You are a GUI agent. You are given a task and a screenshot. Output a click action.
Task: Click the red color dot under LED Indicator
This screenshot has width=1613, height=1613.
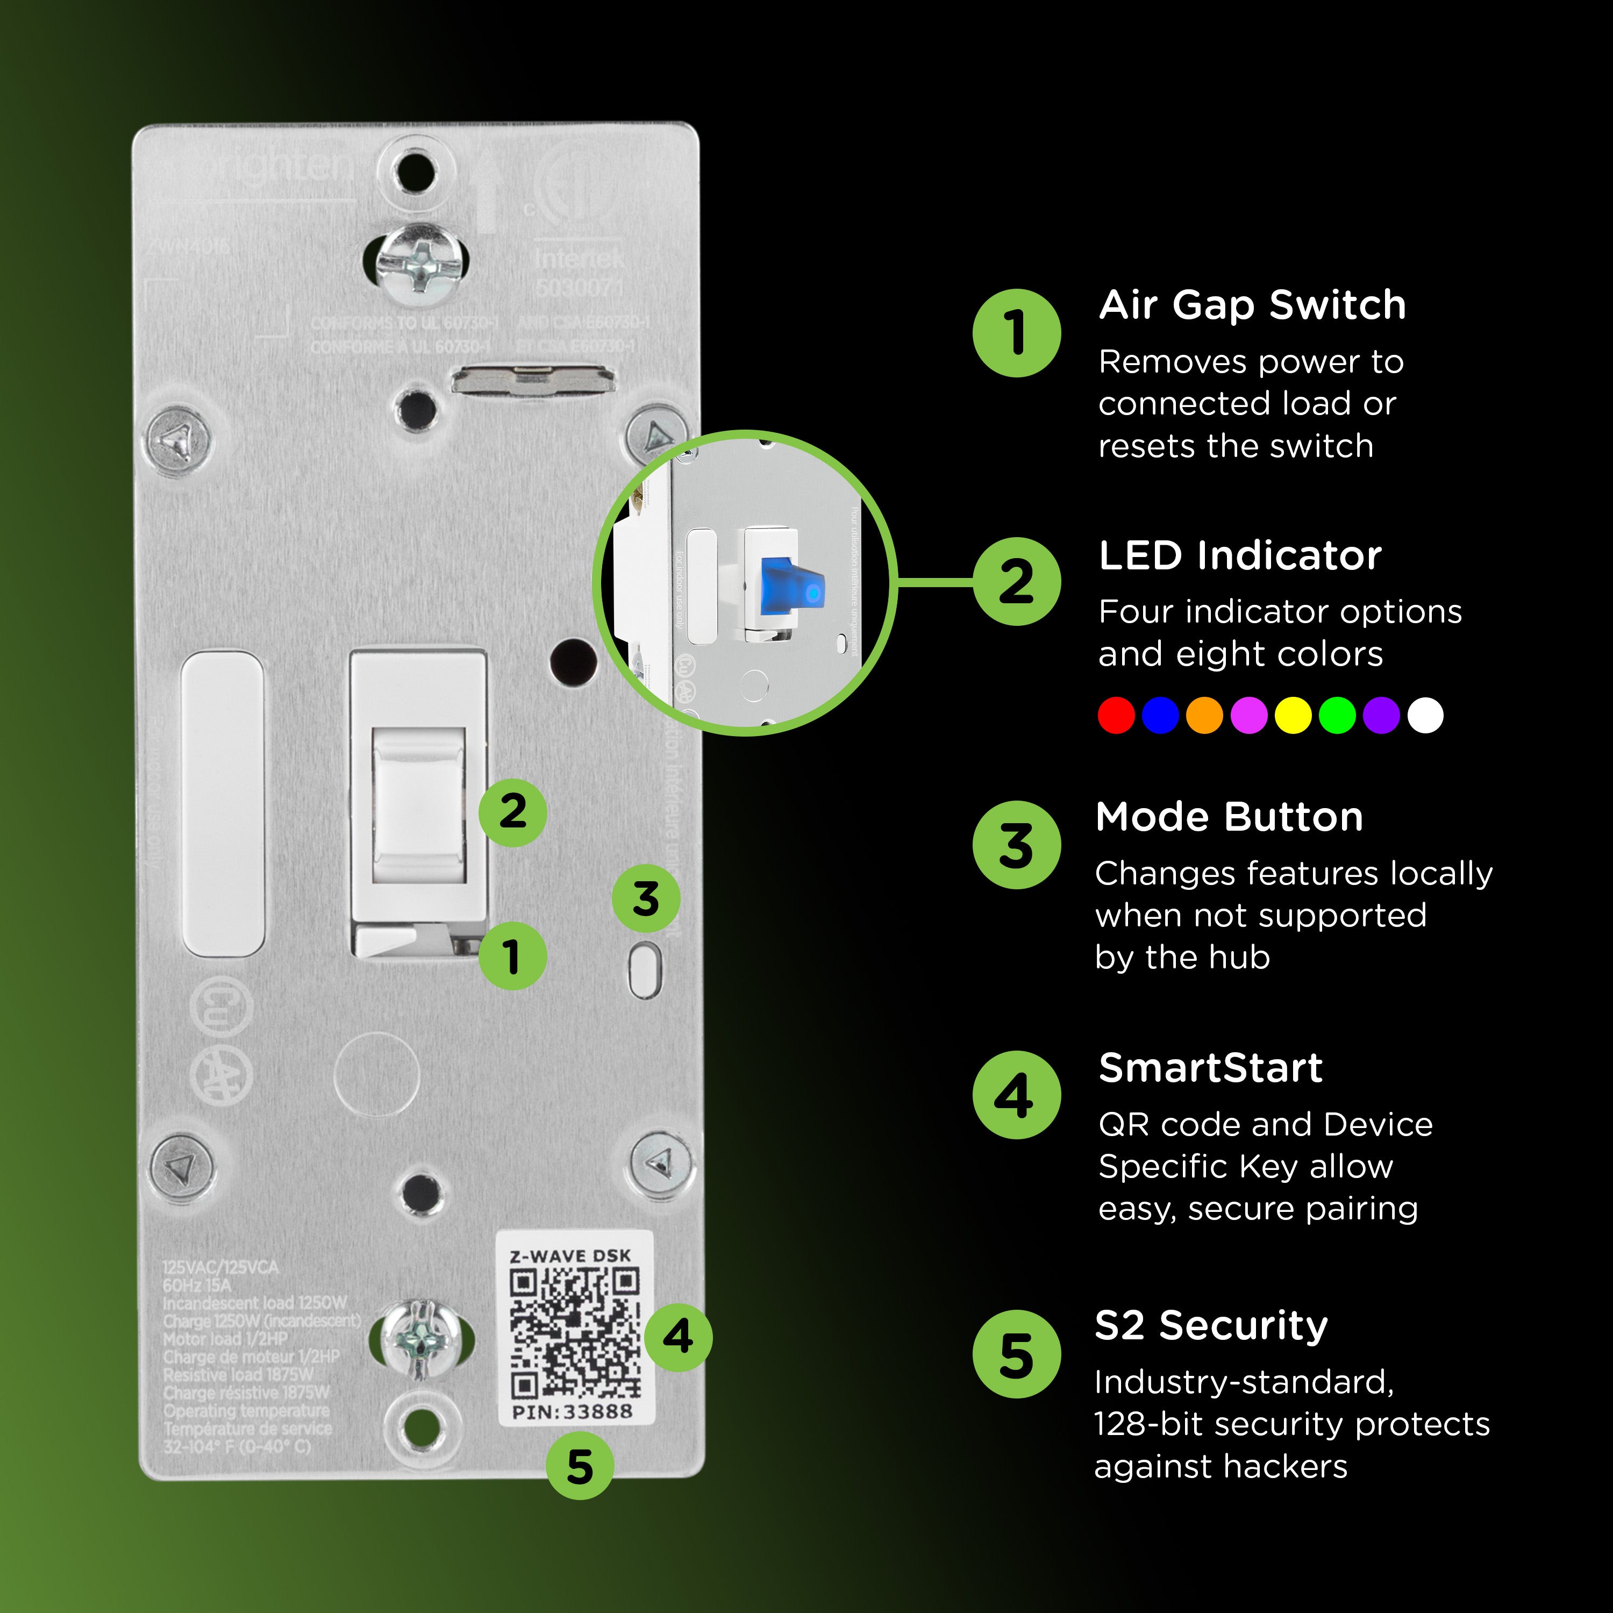1116,716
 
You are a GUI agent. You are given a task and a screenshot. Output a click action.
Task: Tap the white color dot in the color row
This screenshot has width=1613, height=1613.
1425,716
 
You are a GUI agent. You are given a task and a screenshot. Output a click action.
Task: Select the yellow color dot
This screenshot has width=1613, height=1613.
1293,716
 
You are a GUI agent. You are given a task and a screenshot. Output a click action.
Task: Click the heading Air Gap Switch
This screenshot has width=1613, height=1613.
1252,305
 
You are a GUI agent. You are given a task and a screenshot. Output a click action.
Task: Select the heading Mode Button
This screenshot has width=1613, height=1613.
1229,817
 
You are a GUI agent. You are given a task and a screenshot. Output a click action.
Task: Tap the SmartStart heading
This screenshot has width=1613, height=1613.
1211,1068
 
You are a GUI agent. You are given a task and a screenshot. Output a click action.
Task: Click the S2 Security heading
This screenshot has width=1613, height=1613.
1211,1326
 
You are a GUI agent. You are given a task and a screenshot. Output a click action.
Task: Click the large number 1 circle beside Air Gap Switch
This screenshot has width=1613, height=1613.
1016,333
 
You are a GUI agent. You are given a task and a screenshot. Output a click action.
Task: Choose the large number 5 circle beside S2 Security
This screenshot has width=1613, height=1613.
1016,1354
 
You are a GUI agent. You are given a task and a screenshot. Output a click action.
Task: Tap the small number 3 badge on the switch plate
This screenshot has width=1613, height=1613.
645,899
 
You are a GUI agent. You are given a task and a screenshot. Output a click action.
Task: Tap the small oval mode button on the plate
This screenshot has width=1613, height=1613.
645,970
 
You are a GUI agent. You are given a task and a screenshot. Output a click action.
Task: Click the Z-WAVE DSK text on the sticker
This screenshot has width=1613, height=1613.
570,1255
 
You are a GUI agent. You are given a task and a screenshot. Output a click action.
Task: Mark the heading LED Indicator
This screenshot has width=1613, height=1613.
1240,556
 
